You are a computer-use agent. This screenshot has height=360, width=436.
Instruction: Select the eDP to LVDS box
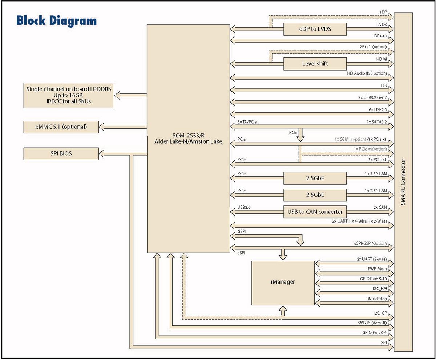[x=315, y=29]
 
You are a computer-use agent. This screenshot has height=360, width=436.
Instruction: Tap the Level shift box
[x=315, y=64]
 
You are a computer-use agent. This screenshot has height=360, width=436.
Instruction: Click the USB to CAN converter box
[x=315, y=211]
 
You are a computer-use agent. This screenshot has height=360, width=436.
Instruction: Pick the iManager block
[x=283, y=282]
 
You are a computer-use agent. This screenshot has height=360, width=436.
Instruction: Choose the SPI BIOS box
[x=61, y=153]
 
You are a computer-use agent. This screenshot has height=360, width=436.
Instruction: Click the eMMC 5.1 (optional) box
[x=61, y=127]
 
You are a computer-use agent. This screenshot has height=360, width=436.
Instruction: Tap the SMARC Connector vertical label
[x=403, y=182]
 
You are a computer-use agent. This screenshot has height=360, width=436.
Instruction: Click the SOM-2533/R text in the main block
[x=188, y=135]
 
